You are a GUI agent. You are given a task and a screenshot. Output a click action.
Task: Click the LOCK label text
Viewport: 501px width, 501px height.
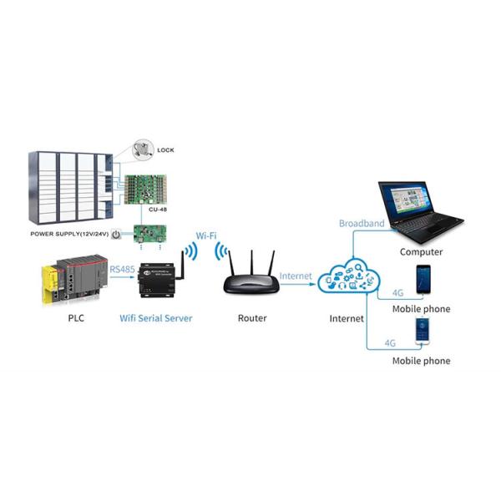click(166, 151)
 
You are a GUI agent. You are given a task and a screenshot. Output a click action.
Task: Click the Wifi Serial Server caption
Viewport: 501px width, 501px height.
click(156, 318)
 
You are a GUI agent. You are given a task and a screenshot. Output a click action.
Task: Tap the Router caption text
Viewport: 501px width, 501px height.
click(252, 318)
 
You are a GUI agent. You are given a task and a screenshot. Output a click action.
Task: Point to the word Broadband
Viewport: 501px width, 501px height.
click(362, 223)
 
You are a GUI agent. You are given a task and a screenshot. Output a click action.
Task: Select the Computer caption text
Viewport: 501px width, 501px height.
click(421, 251)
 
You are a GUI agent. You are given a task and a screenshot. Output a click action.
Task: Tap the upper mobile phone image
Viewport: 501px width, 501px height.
click(423, 280)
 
